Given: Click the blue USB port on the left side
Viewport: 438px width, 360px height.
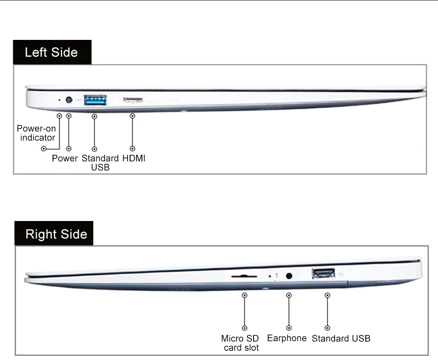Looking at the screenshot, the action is [95, 100].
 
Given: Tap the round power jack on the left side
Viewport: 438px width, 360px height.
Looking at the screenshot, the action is [69, 100].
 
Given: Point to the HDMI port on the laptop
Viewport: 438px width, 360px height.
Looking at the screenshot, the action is [133, 100].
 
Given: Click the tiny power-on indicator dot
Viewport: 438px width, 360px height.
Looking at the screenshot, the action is [59, 100].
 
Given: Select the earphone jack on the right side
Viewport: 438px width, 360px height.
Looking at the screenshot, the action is [289, 276].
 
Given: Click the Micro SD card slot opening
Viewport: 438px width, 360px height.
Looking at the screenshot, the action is [244, 276].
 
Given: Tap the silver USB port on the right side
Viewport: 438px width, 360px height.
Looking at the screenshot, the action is [324, 274].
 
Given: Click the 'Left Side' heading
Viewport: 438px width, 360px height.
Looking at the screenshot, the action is [51, 52].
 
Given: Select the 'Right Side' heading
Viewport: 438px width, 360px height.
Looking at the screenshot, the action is [57, 234].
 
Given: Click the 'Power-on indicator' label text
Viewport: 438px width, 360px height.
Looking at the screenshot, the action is [37, 133].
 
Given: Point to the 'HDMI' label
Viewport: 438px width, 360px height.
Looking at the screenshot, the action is [134, 158].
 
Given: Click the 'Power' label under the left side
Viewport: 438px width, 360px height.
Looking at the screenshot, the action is [65, 158].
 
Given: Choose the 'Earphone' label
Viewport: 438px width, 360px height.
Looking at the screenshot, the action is [287, 338].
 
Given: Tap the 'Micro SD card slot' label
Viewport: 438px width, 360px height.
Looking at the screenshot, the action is [240, 343].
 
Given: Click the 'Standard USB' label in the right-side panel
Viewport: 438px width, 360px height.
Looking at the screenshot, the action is [341, 339].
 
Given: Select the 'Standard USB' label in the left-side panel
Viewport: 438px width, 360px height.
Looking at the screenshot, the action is [100, 163].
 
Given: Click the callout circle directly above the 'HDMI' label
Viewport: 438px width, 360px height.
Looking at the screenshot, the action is [132, 149].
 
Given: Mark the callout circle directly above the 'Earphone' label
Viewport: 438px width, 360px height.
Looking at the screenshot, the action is [289, 328].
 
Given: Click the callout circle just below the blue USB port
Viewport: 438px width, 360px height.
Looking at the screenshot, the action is [95, 116].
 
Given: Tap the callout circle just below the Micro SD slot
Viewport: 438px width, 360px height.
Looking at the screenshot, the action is [244, 295].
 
